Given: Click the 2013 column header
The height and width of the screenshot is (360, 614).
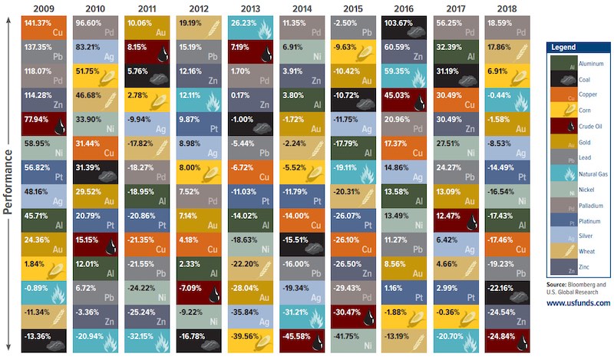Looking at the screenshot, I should (x=249, y=8).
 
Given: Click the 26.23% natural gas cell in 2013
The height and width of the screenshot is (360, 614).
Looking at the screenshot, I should (x=249, y=28).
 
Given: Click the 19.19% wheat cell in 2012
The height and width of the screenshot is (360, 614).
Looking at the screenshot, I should (x=198, y=28).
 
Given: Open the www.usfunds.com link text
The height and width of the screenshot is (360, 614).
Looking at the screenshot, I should (x=577, y=302).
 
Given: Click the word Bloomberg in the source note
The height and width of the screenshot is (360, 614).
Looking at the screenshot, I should (x=588, y=284).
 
